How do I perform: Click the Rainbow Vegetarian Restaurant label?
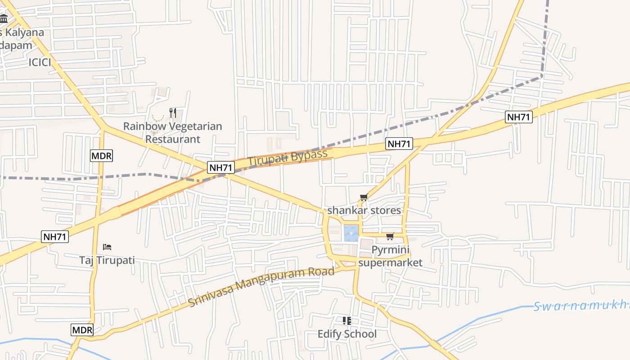click(x=173, y=132)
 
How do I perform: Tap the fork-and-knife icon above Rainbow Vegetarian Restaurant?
click(x=173, y=112)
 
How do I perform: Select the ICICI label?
click(x=40, y=63)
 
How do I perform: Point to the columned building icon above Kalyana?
click(x=4, y=19)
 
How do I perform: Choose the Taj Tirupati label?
click(x=107, y=260)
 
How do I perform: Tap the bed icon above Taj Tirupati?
click(x=107, y=247)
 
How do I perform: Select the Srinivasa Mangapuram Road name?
click(x=261, y=287)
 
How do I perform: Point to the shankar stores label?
click(x=364, y=210)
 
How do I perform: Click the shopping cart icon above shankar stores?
click(x=364, y=197)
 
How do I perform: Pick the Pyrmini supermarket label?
click(x=391, y=256)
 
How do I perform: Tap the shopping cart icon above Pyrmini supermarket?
click(x=390, y=236)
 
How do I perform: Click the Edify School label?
click(x=347, y=334)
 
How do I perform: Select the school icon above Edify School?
click(x=347, y=320)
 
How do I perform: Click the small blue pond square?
click(x=351, y=233)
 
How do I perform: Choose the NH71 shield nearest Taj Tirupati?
click(x=55, y=237)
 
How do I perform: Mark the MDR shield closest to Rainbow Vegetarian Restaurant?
click(x=101, y=156)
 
